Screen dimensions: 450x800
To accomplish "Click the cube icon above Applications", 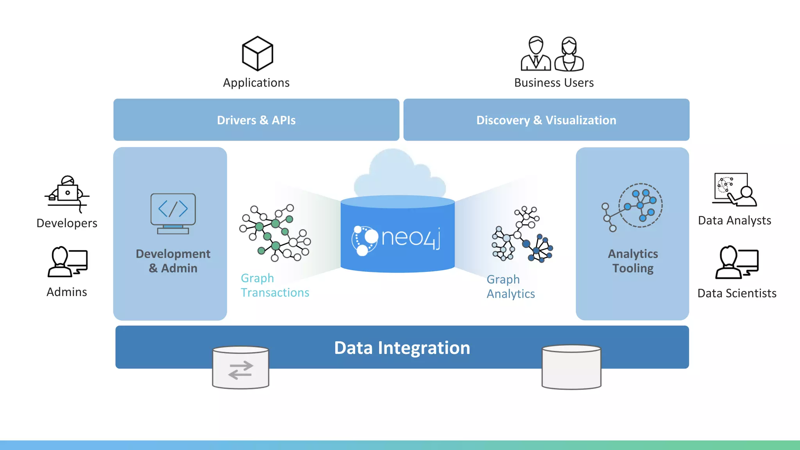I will pyautogui.click(x=257, y=54).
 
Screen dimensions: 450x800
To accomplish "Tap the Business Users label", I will pyautogui.click(x=554, y=83).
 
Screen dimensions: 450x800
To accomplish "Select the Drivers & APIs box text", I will pyautogui.click(x=256, y=120).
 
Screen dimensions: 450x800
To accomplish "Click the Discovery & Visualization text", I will pyautogui.click(x=546, y=120).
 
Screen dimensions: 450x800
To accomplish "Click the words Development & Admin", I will pyautogui.click(x=173, y=261).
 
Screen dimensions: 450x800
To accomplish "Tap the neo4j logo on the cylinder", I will pyautogui.click(x=397, y=238).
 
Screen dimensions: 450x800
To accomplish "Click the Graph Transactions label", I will pyautogui.click(x=275, y=285).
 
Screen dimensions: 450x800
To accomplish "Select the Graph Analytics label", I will pyautogui.click(x=510, y=286).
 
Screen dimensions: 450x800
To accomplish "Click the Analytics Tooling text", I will pyautogui.click(x=633, y=261).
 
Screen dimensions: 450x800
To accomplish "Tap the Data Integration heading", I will pyautogui.click(x=402, y=348).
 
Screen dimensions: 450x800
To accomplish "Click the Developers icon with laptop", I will pyautogui.click(x=67, y=194).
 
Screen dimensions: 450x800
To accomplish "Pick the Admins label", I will pyautogui.click(x=67, y=292).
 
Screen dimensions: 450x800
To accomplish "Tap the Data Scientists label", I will pyautogui.click(x=737, y=293).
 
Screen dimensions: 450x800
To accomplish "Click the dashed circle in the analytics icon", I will pyautogui.click(x=641, y=205).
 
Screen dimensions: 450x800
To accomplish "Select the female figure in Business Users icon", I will pyautogui.click(x=569, y=54).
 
